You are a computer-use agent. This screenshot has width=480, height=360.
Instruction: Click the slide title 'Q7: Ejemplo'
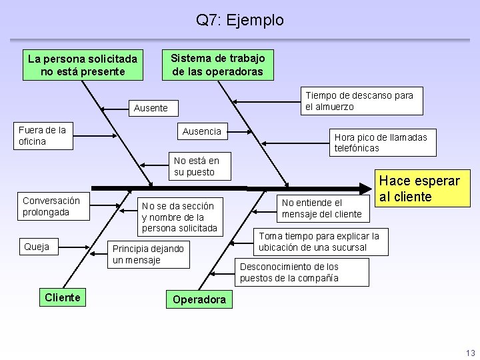[x=239, y=20]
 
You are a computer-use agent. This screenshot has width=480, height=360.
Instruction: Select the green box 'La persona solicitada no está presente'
[x=83, y=65]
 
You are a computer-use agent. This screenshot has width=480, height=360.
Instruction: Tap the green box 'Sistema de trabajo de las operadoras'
[x=218, y=65]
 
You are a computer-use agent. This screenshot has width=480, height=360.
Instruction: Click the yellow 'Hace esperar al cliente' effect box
[x=419, y=189]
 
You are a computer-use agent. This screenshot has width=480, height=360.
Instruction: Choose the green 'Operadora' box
[x=199, y=299]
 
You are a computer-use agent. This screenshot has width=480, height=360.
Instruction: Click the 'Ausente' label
[x=151, y=108]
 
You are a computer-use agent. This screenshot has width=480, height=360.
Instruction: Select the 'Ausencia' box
[x=202, y=131]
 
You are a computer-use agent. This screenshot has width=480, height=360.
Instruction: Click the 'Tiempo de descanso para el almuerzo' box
[x=359, y=101]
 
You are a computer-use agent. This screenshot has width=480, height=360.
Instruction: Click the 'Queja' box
[x=37, y=247]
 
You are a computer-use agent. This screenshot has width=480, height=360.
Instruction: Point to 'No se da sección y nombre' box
[x=179, y=217]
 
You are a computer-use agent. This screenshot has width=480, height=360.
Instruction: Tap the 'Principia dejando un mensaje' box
[x=148, y=254]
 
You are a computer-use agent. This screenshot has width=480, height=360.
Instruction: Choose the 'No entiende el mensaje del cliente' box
[x=321, y=208]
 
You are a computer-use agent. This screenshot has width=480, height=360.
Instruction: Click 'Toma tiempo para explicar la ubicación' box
[x=319, y=241]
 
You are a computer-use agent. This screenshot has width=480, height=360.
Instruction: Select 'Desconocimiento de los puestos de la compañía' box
[x=301, y=272]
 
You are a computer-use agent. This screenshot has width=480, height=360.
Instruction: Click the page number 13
[x=471, y=353]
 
